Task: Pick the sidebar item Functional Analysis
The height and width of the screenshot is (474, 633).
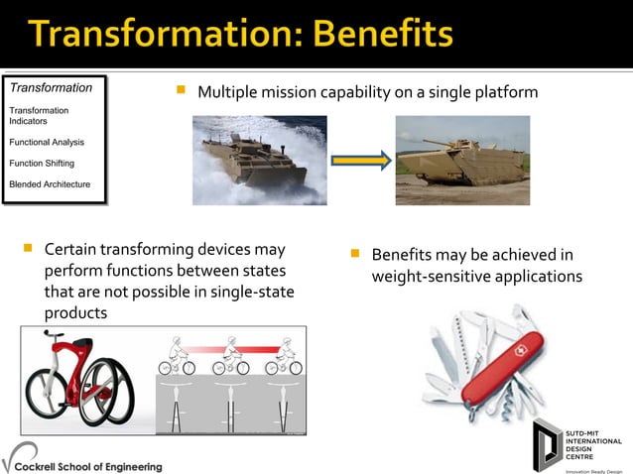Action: click(47, 142)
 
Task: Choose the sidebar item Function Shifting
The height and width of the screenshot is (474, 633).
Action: click(42, 163)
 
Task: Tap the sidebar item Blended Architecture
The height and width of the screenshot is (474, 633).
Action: click(50, 184)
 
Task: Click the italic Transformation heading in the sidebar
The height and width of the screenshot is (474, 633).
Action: click(51, 87)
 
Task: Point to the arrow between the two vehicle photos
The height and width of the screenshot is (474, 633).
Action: click(360, 160)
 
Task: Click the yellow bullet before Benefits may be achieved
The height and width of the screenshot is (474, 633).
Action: click(355, 254)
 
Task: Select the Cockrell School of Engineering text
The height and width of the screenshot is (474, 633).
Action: click(95, 465)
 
